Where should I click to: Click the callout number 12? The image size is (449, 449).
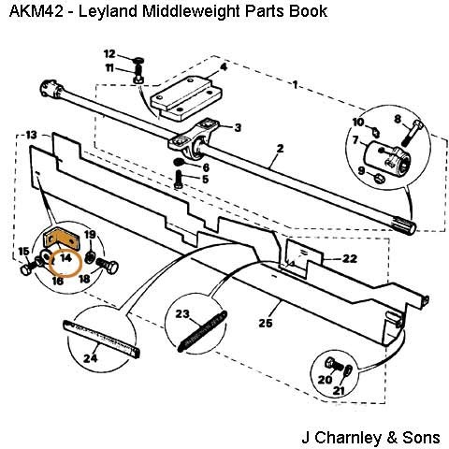pyautogui.click(x=109, y=54)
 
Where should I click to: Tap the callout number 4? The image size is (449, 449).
pyautogui.click(x=224, y=67)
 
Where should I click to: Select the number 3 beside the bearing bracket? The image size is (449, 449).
pyautogui.click(x=238, y=127)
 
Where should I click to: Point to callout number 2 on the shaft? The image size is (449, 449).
pyautogui.click(x=281, y=149)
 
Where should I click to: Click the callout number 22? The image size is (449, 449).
pyautogui.click(x=350, y=258)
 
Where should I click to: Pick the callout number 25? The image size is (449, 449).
pyautogui.click(x=266, y=323)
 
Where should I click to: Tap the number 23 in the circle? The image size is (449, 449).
pyautogui.click(x=182, y=313)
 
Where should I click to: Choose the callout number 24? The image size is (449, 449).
pyautogui.click(x=91, y=358)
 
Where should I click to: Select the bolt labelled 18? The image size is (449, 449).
pyautogui.click(x=108, y=267)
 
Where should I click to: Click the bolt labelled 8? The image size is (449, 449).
pyautogui.click(x=413, y=134)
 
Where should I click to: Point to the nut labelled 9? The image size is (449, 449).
pyautogui.click(x=379, y=179)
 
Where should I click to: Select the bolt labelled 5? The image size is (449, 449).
pyautogui.click(x=179, y=180)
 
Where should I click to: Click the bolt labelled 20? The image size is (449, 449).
pyautogui.click(x=334, y=365)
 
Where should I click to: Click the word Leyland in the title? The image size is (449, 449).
pyautogui.click(x=108, y=11)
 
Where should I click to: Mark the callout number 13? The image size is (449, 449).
pyautogui.click(x=31, y=135)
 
